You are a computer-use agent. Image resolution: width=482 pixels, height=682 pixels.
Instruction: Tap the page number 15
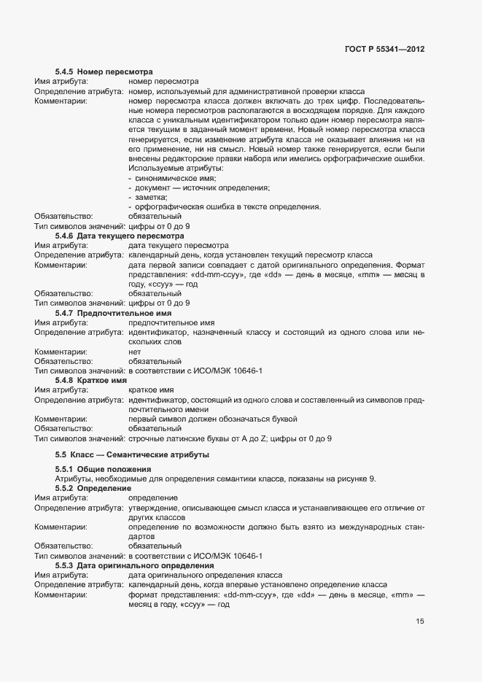420,621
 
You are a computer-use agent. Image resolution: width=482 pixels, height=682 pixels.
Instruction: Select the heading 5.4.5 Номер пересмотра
104,72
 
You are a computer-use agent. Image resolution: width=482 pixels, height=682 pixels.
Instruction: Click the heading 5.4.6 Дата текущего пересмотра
120,236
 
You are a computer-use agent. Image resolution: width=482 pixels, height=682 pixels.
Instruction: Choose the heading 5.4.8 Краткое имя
91,380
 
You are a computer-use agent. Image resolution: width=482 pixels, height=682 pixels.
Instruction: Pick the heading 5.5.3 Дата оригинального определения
134,565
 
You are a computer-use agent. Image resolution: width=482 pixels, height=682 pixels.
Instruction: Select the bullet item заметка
151,197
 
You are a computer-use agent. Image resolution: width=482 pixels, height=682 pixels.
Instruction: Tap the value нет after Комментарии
134,351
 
